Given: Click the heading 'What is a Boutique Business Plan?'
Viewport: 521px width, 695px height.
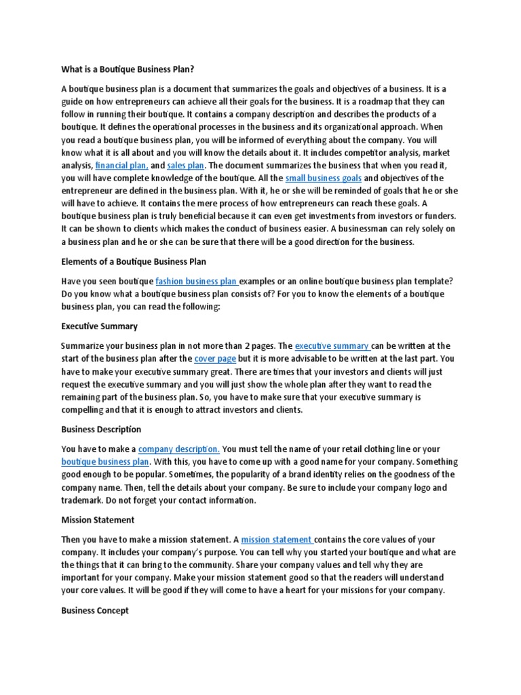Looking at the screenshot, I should click(132, 69).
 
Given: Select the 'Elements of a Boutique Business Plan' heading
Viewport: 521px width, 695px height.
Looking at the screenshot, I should click(134, 261).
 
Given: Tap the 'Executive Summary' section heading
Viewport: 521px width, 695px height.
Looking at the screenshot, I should click(99, 326).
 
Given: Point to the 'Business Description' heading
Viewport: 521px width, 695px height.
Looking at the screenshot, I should click(101, 430).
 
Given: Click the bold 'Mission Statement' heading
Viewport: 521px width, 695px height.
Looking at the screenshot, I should click(98, 520).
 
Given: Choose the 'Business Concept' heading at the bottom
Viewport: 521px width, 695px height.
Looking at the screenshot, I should click(95, 610).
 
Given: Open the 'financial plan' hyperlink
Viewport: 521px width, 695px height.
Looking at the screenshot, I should click(121, 165).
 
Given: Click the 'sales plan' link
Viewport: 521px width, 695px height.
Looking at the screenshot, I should click(186, 165).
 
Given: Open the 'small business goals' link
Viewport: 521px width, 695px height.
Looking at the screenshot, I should click(324, 178).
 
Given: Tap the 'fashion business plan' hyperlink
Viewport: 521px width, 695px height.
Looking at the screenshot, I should click(197, 281).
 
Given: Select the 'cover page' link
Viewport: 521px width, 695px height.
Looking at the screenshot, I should click(214, 358).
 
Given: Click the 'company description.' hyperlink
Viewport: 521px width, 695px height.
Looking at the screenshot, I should click(179, 449).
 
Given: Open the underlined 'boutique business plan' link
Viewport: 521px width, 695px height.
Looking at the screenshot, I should click(105, 462).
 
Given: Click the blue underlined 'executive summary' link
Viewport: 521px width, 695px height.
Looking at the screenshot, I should click(332, 345).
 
